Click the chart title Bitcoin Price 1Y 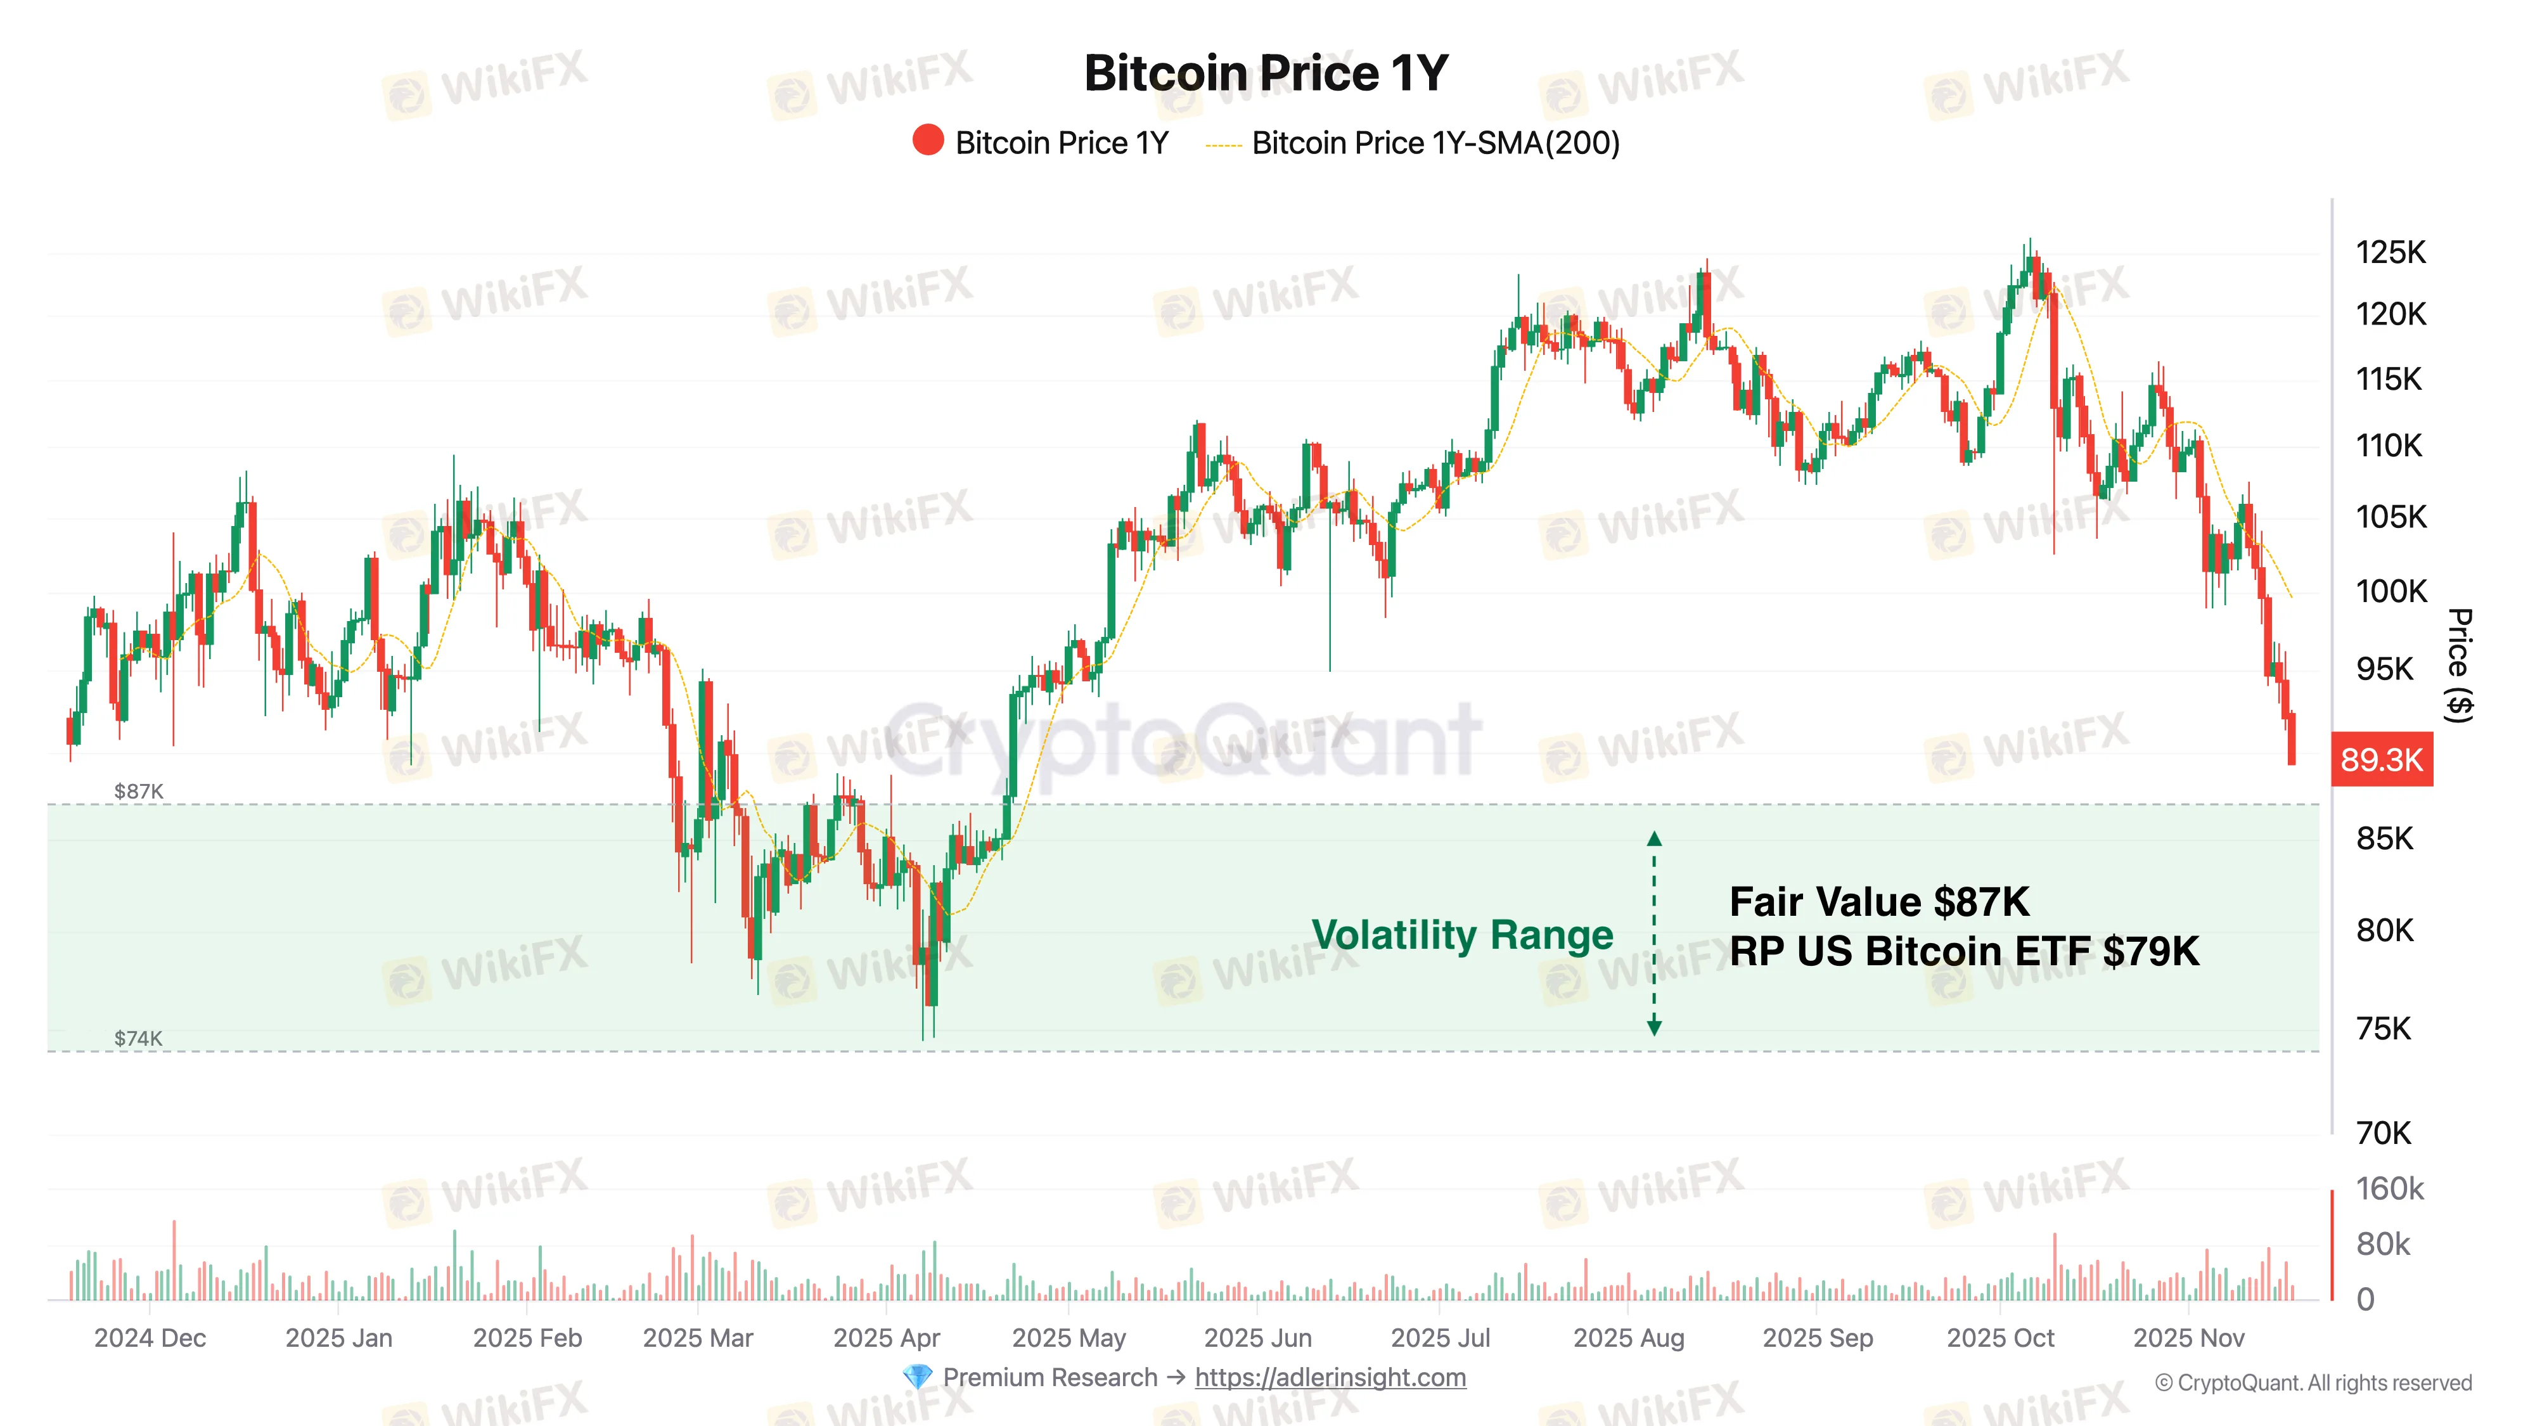[1266, 74]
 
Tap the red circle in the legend [927, 141]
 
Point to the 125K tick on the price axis [2391, 253]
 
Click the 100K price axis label [2391, 591]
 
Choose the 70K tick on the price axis [2384, 1133]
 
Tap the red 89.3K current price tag [2382, 760]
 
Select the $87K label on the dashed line [139, 791]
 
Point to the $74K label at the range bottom [139, 1038]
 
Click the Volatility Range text [1462, 935]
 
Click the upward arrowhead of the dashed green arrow [1654, 838]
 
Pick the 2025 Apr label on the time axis [886, 1339]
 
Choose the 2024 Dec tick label [150, 1339]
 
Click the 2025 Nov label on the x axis [2188, 1339]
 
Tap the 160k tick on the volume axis [2389, 1189]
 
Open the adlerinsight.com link [1330, 1378]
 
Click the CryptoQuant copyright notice [2313, 1383]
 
